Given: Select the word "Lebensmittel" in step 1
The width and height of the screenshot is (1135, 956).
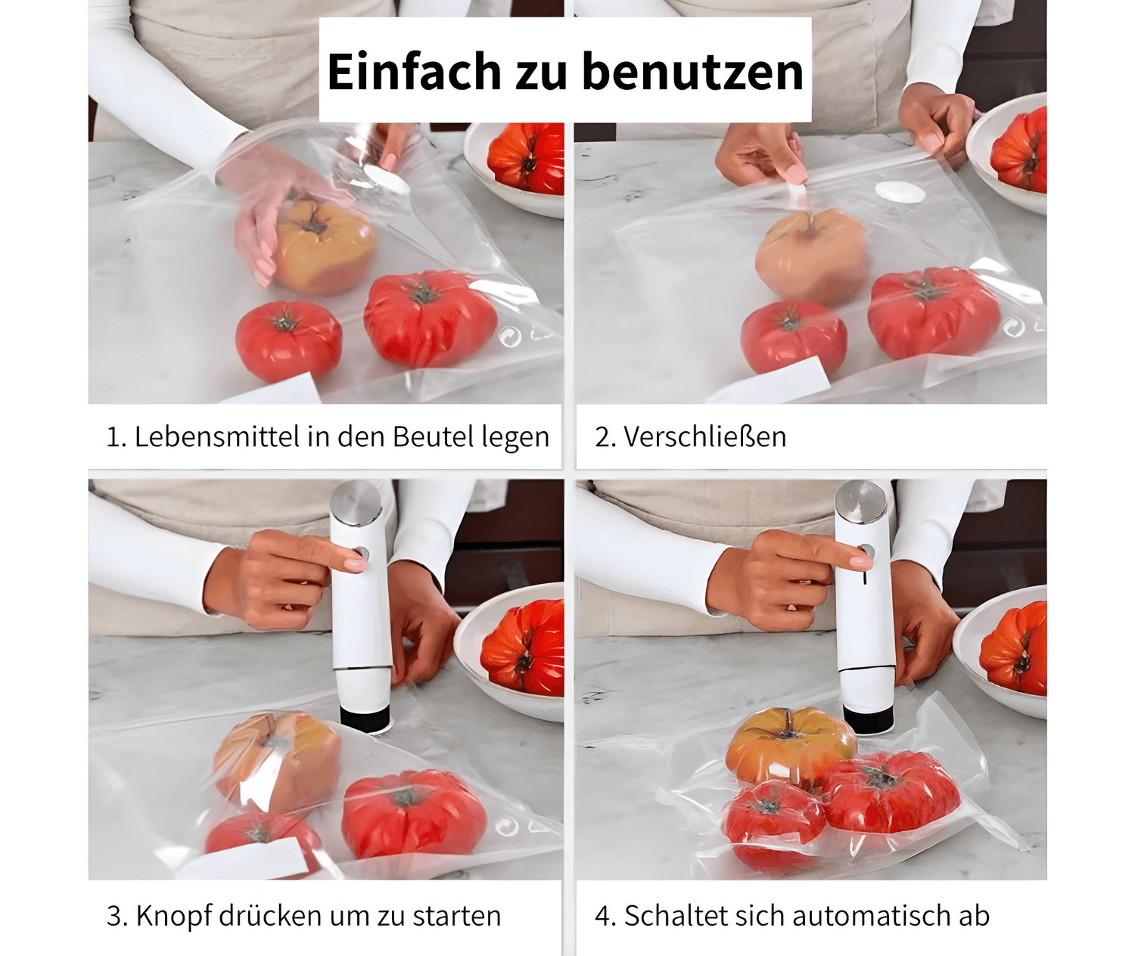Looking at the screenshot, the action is [217, 436].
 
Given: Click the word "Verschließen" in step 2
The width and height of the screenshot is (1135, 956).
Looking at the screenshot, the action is [704, 436].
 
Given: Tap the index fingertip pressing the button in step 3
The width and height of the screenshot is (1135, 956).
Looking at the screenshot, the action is [356, 563].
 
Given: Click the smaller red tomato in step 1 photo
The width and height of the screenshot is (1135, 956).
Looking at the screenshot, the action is [288, 341].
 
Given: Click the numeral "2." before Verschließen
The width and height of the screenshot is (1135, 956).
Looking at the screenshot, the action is [605, 436].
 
